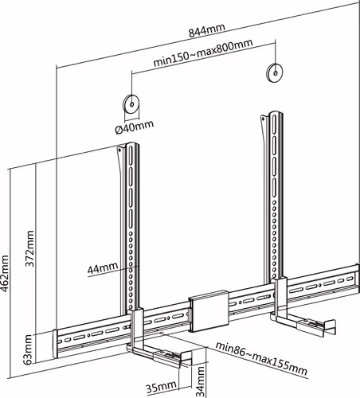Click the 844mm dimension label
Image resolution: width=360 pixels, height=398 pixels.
click(207, 30)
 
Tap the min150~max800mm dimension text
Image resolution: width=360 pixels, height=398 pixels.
click(203, 53)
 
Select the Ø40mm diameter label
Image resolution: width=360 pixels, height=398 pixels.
click(135, 127)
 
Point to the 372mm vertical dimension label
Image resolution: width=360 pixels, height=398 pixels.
click(29, 248)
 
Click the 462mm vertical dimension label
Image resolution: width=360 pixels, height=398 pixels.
click(5, 274)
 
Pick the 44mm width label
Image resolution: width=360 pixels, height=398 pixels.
click(103, 267)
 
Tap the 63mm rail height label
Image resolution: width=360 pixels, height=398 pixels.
click(28, 349)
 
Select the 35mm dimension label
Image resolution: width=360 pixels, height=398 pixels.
click(161, 387)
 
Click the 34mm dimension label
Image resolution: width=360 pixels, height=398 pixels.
click(201, 382)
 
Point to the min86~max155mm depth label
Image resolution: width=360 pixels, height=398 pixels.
click(261, 358)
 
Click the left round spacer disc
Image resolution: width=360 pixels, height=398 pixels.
click(131, 103)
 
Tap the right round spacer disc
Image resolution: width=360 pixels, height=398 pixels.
click(275, 72)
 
